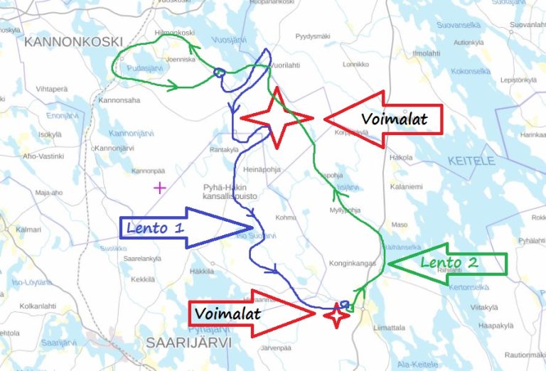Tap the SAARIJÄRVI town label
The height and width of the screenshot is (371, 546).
(x=181, y=342)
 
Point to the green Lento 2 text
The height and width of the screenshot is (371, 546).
(x=449, y=262)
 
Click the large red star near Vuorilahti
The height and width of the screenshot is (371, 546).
(x=277, y=118)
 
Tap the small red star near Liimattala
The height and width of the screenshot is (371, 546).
(x=337, y=315)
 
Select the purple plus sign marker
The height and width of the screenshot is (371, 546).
(x=159, y=188)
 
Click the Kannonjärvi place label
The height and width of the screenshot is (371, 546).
(x=114, y=148)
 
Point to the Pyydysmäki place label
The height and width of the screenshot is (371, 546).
(x=313, y=36)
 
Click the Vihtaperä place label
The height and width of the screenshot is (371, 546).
(x=52, y=89)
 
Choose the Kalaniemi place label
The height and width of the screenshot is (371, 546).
(x=406, y=187)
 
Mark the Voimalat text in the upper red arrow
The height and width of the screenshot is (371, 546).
(x=395, y=119)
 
